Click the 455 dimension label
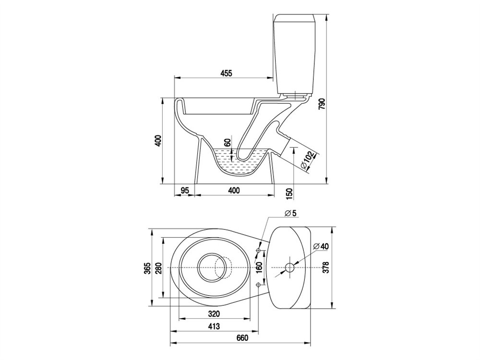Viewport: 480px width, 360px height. point(226,73)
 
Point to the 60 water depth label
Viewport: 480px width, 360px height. point(227,143)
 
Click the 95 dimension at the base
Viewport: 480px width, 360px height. point(185,191)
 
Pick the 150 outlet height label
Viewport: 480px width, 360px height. point(289,193)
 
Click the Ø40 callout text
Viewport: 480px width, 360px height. point(321,246)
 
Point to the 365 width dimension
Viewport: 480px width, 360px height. point(147,268)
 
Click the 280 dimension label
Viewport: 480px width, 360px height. point(157,268)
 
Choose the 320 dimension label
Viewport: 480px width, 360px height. point(214,314)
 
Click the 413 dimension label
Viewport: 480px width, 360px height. point(214,326)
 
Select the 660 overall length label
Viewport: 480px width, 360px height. point(242,338)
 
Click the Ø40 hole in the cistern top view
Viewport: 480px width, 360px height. point(289,268)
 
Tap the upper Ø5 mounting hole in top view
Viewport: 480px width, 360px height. point(258,251)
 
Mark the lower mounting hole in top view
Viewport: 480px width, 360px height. point(258,285)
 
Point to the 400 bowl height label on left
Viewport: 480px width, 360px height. point(157,141)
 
